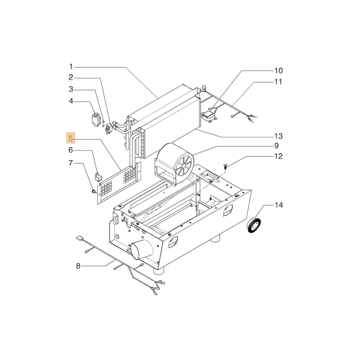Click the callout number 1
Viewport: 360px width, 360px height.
(x=71, y=67)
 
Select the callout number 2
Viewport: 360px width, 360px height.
(x=71, y=77)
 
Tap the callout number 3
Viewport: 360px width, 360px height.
(x=71, y=89)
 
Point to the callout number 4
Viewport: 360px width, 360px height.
(x=71, y=101)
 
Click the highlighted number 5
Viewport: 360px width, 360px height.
(x=71, y=138)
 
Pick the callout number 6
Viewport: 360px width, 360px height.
(x=71, y=150)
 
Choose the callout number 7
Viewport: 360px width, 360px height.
(x=71, y=163)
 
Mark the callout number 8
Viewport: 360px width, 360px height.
(x=78, y=266)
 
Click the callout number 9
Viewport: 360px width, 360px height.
(x=276, y=146)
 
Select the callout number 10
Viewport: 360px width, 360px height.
(x=279, y=71)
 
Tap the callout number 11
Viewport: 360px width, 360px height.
(x=278, y=82)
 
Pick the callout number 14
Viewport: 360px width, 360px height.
(x=279, y=205)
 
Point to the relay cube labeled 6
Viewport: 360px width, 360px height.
(x=98, y=177)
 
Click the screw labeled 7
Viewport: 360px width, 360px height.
(x=93, y=191)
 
